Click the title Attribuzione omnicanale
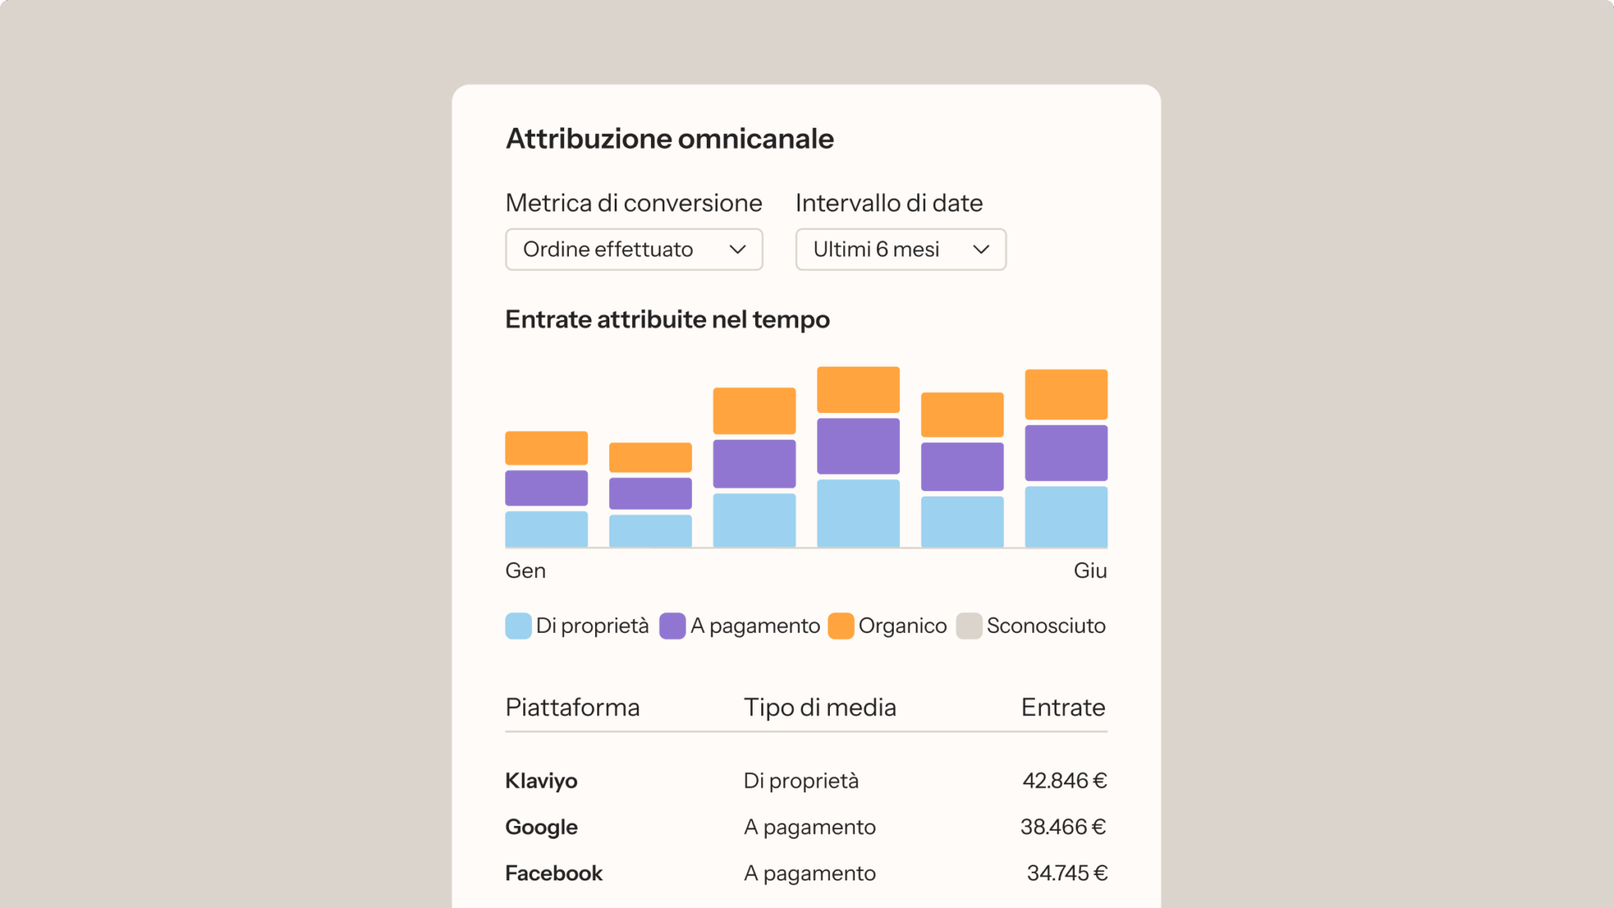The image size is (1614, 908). point(669,139)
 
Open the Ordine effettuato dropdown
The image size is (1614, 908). point(634,249)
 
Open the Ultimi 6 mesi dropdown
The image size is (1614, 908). point(900,249)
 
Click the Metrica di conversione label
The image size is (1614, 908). point(634,203)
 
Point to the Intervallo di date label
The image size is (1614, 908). point(888,203)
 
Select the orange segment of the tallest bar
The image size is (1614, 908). point(857,389)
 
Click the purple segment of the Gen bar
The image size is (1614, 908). point(546,488)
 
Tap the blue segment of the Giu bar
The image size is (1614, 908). point(1065,516)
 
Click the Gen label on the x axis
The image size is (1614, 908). point(525,571)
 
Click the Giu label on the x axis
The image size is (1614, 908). point(1090,571)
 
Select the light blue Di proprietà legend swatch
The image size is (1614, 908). point(518,626)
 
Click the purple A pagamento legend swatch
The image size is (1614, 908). point(672,626)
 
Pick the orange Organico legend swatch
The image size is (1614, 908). point(841,626)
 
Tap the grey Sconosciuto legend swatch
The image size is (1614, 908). point(969,626)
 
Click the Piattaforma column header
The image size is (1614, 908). point(572,707)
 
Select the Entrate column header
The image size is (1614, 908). point(1062,707)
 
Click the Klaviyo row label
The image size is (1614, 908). point(541,780)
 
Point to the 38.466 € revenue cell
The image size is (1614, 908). point(1063,827)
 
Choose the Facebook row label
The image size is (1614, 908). point(553,873)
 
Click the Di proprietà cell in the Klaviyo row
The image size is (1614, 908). point(801,780)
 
